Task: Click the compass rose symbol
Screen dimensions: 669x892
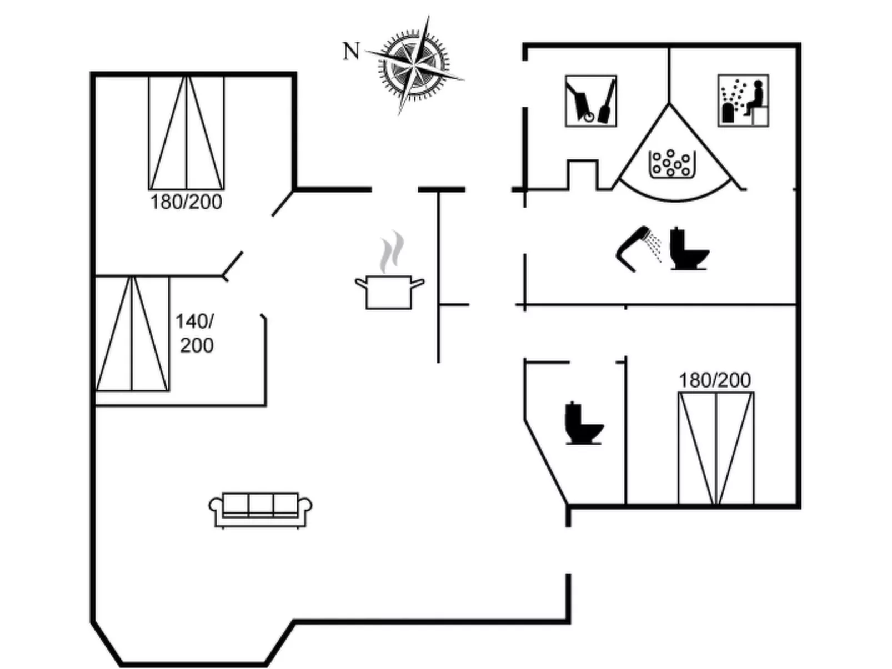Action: tap(414, 65)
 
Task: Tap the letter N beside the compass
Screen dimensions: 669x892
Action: tap(351, 51)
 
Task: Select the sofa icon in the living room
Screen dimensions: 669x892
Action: tap(260, 510)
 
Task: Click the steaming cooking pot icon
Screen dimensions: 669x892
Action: tap(389, 291)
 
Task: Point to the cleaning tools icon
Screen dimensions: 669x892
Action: tap(590, 101)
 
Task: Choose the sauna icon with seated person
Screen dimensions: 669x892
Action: tap(743, 100)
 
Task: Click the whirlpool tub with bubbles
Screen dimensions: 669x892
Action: tap(671, 164)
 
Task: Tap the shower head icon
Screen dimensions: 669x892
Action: tap(633, 248)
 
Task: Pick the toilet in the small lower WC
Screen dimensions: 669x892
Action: tap(583, 424)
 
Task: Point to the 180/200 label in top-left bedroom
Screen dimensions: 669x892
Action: tap(186, 202)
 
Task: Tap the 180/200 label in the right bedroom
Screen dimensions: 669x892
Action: tap(715, 380)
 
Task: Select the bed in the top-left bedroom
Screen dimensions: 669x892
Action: tap(187, 133)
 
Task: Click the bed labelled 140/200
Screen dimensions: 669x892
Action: tap(132, 334)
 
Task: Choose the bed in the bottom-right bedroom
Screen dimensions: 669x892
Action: tap(716, 448)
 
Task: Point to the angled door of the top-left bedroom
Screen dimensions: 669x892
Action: tap(282, 204)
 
